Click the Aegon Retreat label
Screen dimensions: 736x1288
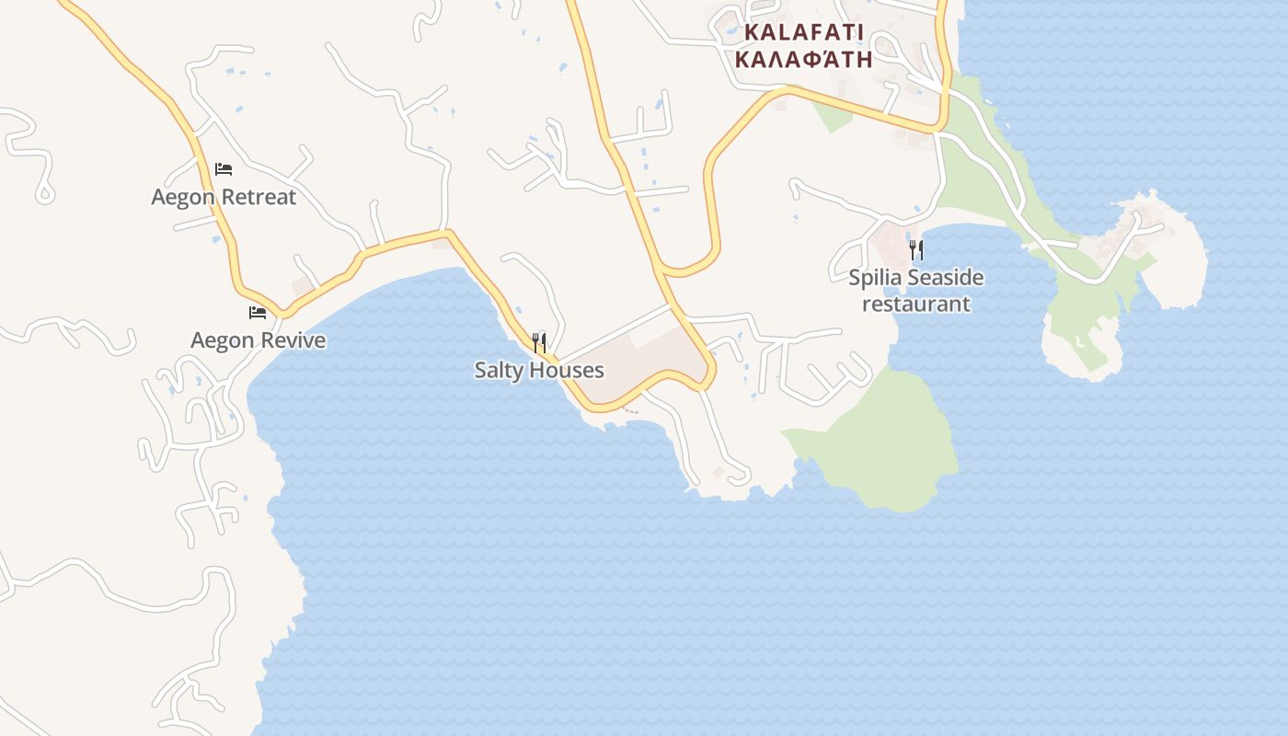(x=224, y=197)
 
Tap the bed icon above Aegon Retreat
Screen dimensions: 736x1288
(x=224, y=169)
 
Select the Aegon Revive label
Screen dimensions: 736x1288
(x=258, y=340)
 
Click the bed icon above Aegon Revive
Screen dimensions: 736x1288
(x=258, y=314)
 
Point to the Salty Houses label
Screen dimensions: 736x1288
(x=539, y=370)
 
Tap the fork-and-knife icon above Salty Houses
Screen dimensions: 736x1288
(x=539, y=343)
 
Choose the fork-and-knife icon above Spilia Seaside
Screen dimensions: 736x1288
(x=916, y=249)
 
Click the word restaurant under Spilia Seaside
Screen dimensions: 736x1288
(x=916, y=304)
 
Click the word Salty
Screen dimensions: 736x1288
(x=500, y=370)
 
